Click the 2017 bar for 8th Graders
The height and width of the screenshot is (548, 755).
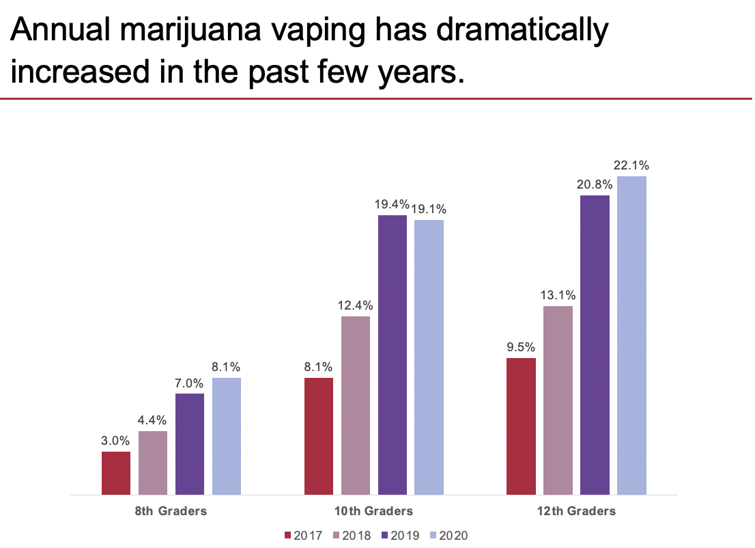[116, 473]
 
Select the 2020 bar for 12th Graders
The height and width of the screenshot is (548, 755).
[631, 335]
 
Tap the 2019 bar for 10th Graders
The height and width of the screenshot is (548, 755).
[392, 355]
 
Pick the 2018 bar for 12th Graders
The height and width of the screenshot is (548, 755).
[558, 400]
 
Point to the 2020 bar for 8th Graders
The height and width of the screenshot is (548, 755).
[227, 436]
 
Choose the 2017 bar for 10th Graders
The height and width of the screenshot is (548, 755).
[319, 436]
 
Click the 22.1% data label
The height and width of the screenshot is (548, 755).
[631, 165]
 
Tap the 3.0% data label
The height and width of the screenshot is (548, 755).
[115, 441]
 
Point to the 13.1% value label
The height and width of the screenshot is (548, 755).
[558, 295]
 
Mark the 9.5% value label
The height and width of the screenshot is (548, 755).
[521, 347]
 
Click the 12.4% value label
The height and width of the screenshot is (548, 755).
[355, 305]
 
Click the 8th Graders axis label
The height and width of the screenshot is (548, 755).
[171, 510]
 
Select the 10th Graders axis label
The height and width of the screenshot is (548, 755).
[374, 510]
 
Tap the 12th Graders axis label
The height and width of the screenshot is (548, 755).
[577, 510]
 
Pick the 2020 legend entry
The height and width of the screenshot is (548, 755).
[449, 535]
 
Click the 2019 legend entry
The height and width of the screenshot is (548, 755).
[401, 535]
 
